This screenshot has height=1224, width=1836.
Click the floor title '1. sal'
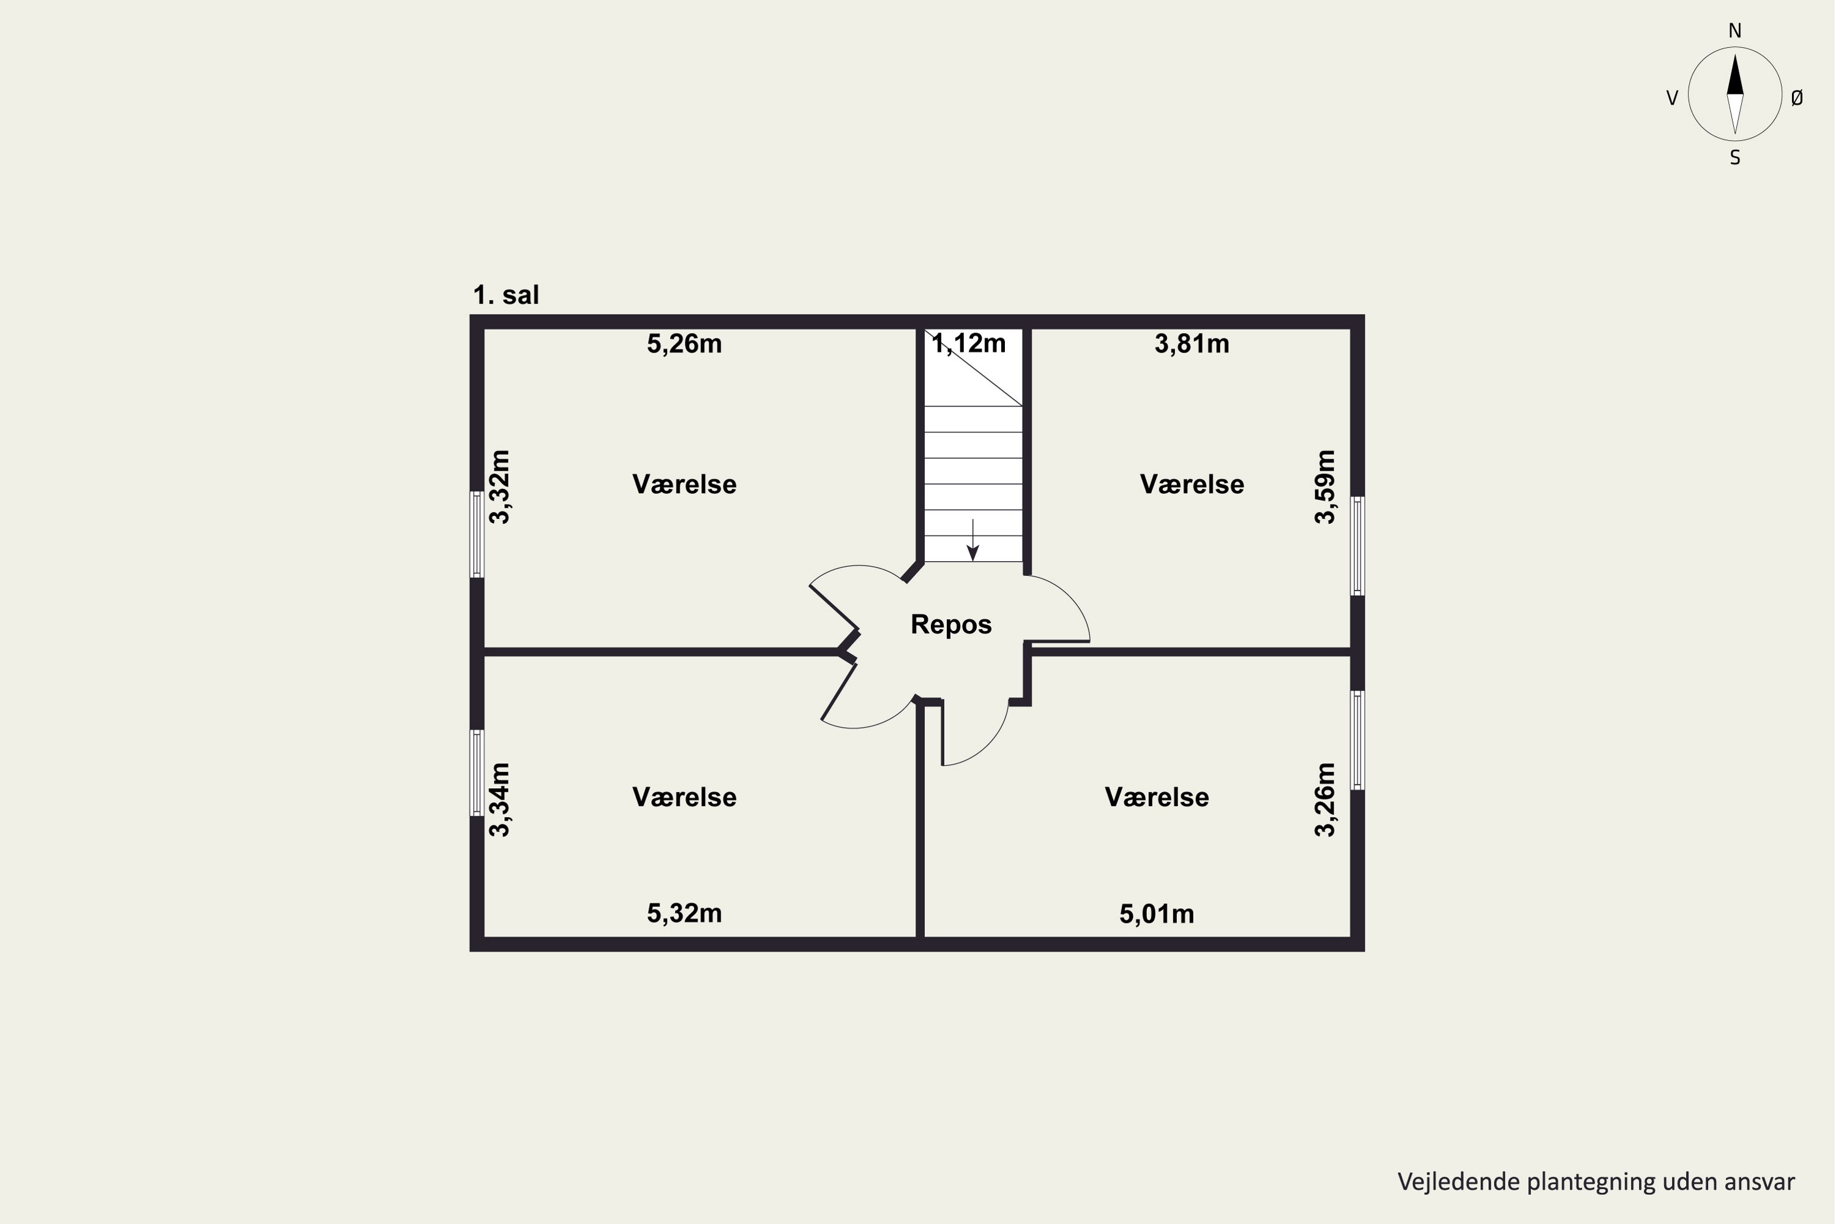[506, 295]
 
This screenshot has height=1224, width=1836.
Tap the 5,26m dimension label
[685, 344]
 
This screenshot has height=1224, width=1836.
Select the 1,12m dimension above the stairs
[969, 343]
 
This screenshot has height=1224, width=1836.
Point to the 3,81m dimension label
[1192, 344]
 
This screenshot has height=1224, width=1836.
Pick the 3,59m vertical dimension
[1326, 487]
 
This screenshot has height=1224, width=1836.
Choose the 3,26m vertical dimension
[1326, 800]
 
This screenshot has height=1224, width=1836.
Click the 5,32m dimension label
[685, 913]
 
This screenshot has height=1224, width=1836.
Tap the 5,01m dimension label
[1157, 914]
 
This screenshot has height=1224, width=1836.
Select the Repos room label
[951, 624]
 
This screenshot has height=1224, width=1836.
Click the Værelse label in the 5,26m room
[685, 484]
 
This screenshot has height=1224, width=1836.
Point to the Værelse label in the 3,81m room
[1192, 484]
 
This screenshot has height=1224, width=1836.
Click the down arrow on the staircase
[972, 540]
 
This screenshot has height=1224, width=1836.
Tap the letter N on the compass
[1735, 31]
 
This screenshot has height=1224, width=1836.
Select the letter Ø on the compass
[1797, 97]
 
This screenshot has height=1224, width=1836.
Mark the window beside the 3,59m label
[1357, 547]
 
